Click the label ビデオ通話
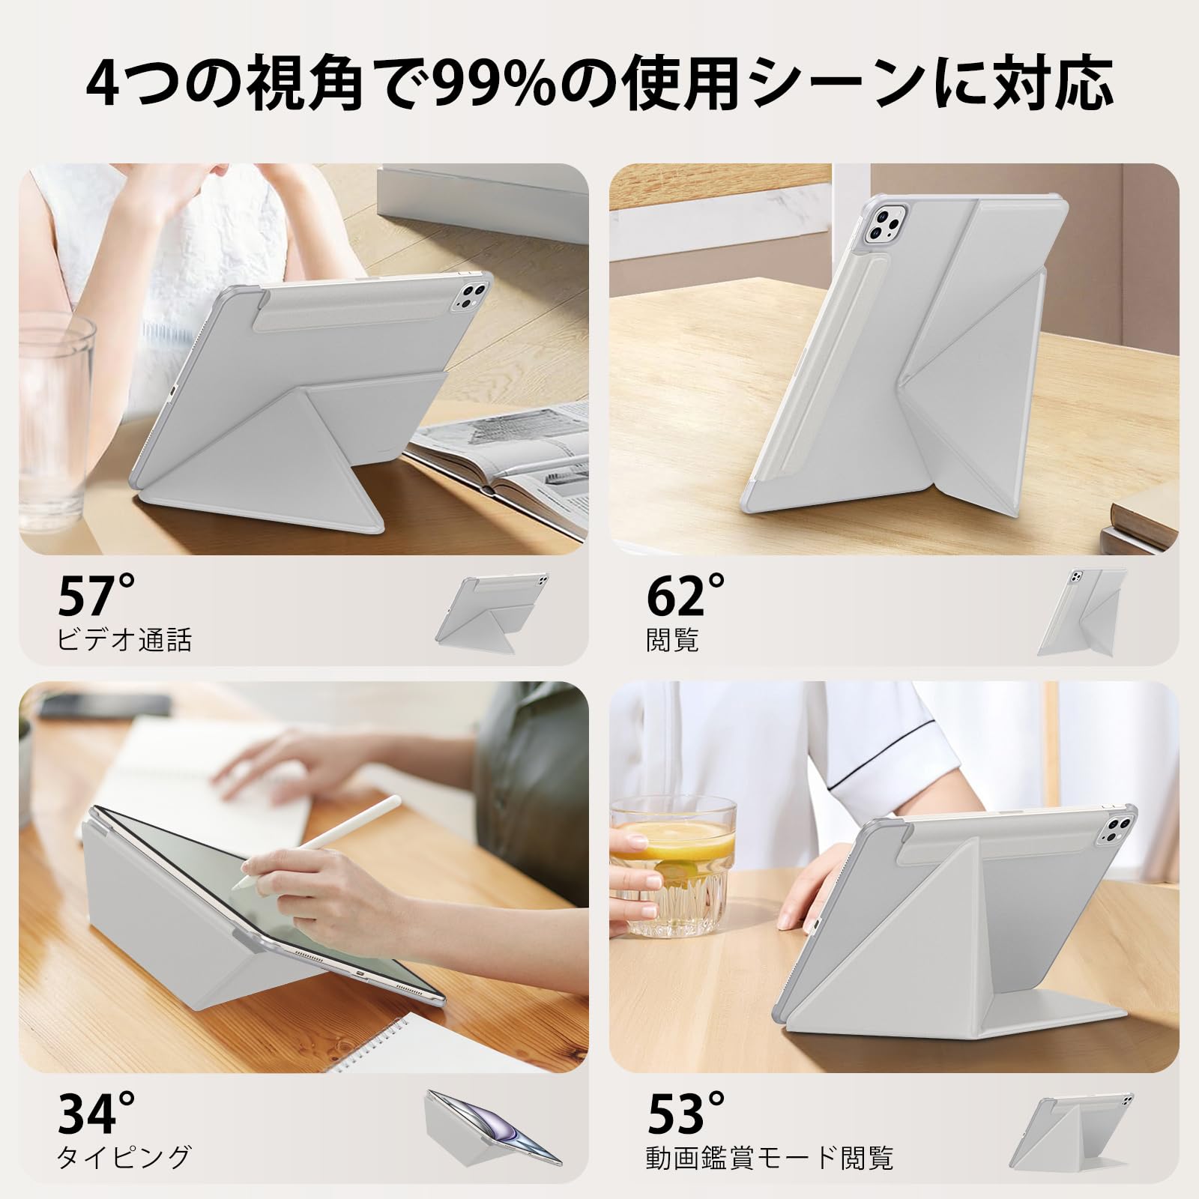124,639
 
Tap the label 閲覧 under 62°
672,639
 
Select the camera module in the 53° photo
1114,830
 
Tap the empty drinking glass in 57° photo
56,420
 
